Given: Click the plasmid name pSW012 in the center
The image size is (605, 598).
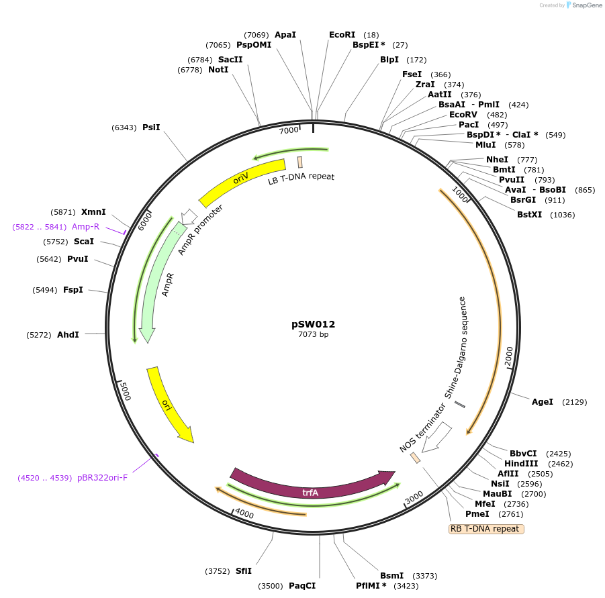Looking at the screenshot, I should click(x=313, y=323).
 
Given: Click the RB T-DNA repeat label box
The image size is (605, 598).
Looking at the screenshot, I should click(x=485, y=529).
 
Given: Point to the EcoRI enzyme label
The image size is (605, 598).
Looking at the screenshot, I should click(x=342, y=34).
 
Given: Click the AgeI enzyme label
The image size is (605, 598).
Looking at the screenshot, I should click(x=543, y=402).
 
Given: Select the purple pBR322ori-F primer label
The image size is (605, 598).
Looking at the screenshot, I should click(x=102, y=478).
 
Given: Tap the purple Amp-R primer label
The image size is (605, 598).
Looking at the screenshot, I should click(x=85, y=227).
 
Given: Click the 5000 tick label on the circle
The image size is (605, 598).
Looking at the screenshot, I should click(x=124, y=391).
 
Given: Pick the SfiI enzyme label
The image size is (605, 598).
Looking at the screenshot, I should click(x=243, y=571).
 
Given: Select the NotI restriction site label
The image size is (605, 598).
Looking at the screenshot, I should click(x=218, y=70).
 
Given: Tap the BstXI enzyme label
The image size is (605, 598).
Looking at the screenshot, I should click(x=530, y=215).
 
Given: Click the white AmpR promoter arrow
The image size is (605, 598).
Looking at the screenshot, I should click(x=189, y=216).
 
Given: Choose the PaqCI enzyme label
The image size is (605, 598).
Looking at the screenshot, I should click(x=302, y=586).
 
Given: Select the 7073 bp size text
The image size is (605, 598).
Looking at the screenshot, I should click(x=313, y=334).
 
